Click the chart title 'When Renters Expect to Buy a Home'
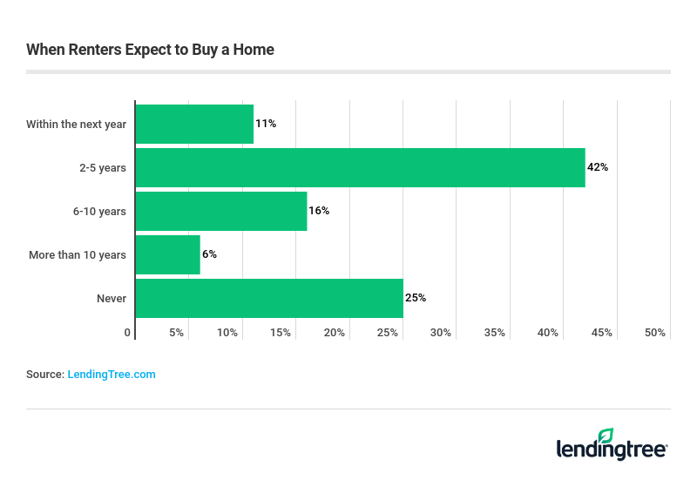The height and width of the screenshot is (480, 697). (150, 50)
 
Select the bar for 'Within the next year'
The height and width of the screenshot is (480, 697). (194, 124)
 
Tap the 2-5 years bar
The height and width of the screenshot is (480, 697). (360, 167)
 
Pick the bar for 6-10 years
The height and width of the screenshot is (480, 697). (221, 211)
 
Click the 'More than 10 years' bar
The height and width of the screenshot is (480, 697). (168, 254)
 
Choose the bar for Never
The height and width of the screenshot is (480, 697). (269, 298)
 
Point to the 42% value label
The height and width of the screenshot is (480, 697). (598, 167)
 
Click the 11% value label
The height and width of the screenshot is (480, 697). (266, 124)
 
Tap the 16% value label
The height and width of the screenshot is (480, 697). (319, 211)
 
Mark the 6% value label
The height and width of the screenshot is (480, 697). (209, 254)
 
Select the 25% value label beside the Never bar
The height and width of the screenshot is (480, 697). (416, 298)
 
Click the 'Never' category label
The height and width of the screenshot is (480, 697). (112, 299)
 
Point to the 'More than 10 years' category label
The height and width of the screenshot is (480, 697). (78, 255)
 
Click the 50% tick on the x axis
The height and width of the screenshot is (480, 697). (655, 333)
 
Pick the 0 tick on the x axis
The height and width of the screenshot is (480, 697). (127, 333)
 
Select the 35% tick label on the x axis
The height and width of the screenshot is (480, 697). (495, 333)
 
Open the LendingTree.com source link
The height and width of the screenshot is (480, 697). (112, 374)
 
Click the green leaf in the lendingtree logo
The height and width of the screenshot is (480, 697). (606, 436)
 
